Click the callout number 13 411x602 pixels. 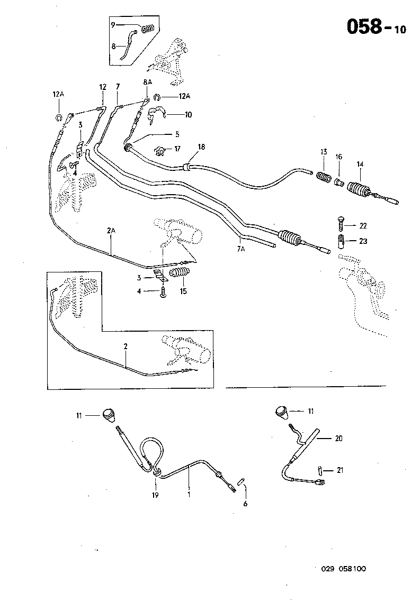324,151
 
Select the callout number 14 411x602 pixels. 360,164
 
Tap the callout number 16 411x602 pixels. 339,157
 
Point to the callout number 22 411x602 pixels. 362,226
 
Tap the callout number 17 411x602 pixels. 177,150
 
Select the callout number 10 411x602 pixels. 188,114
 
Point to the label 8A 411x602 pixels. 147,83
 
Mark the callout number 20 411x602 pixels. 339,438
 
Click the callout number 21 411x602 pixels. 340,470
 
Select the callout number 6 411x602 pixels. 245,504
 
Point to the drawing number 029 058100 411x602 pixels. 343,569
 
